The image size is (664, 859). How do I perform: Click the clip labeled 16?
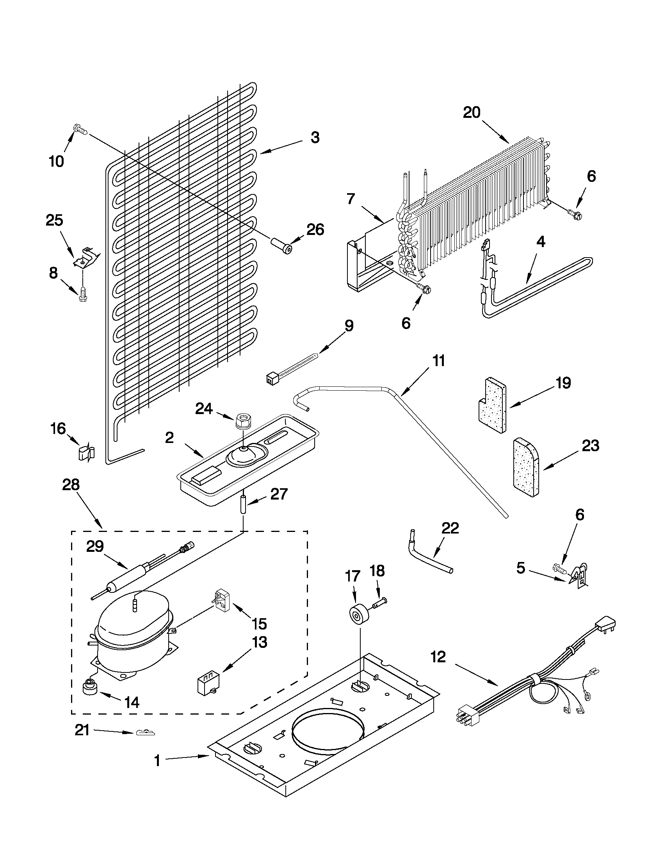point(86,453)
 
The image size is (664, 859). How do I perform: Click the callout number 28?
point(71,485)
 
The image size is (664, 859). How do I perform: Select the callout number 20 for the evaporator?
point(472,113)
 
